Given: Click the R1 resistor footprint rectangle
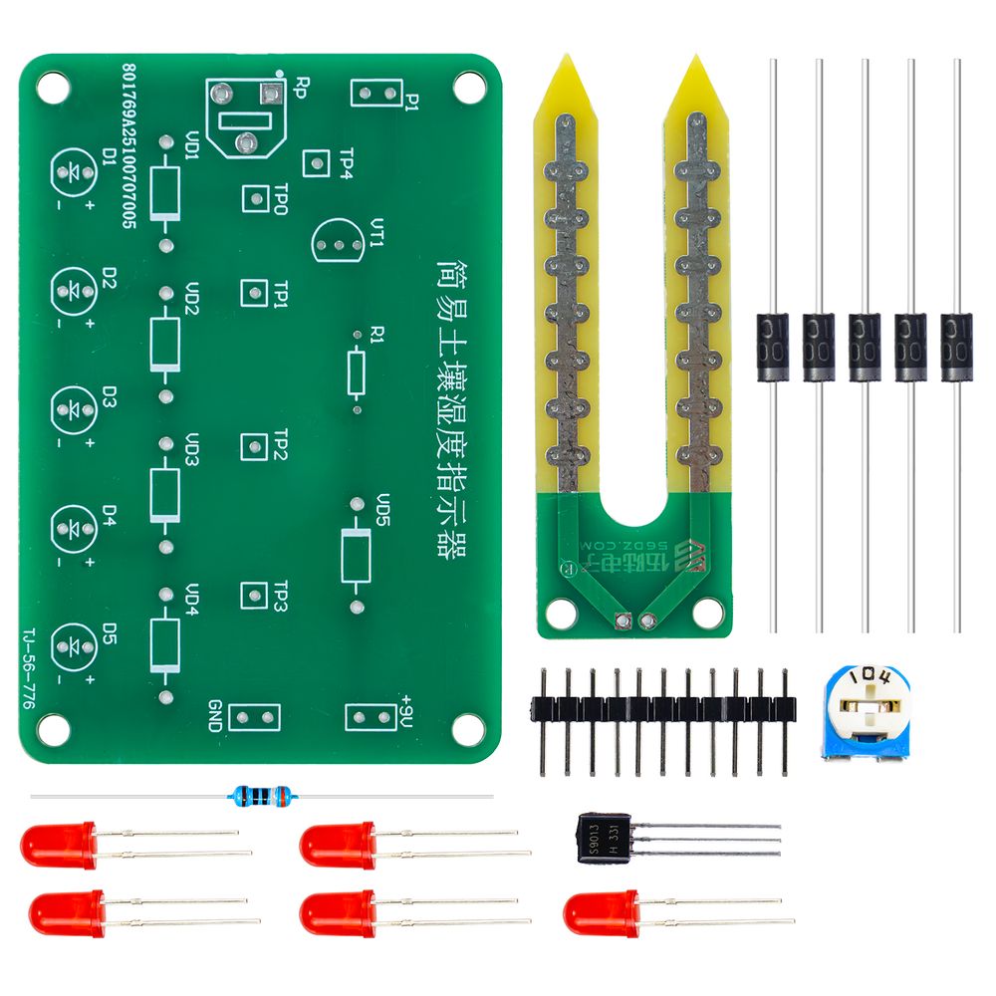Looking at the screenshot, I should click(x=358, y=371).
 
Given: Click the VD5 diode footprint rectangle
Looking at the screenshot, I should click(x=356, y=556).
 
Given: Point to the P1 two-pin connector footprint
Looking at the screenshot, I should click(x=375, y=94).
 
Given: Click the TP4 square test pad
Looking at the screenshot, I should click(x=316, y=163).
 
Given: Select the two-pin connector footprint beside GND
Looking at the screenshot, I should click(x=254, y=716).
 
